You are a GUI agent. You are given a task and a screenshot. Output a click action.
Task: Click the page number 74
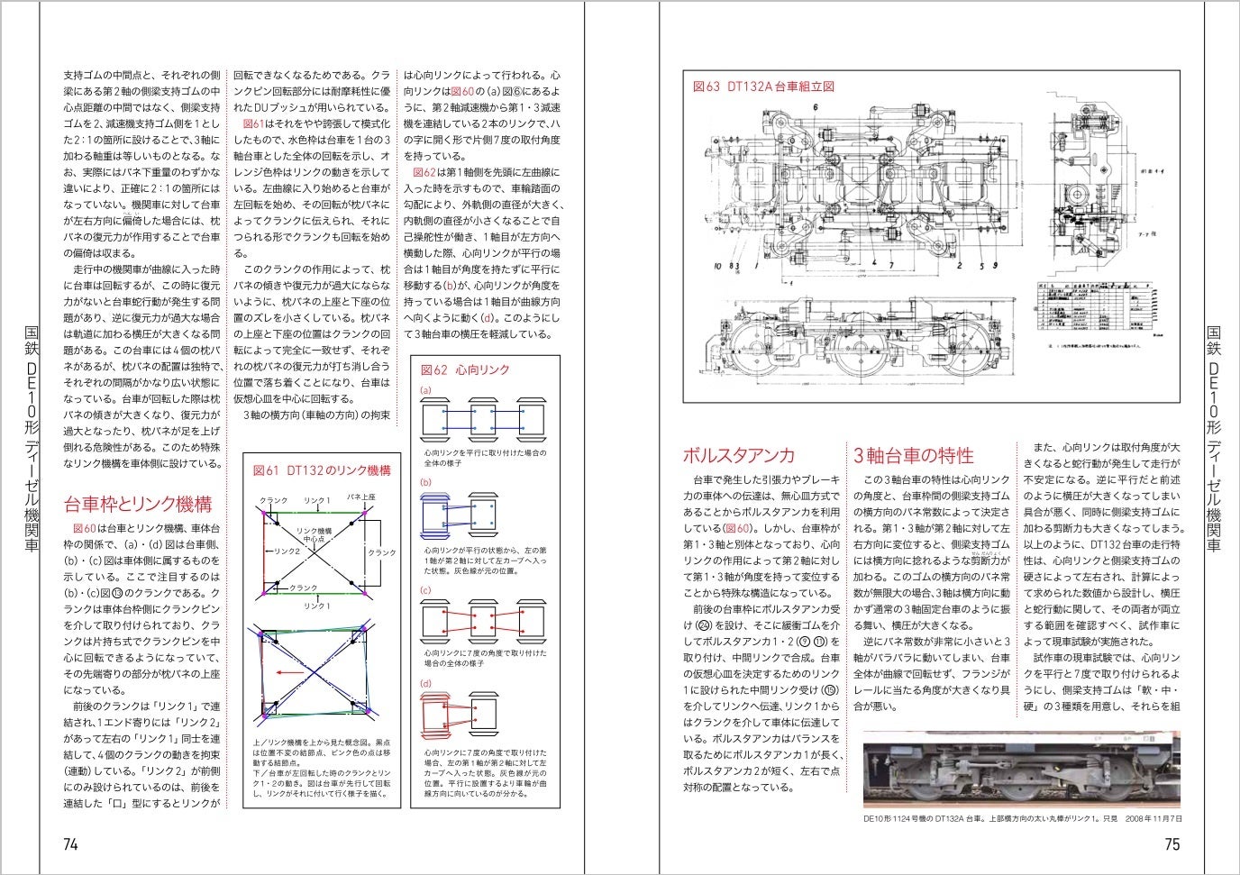[70, 844]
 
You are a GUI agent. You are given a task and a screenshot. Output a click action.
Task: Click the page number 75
[1172, 844]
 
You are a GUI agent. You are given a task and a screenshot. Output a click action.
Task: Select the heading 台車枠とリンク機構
[138, 504]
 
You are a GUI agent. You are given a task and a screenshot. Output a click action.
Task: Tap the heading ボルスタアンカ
[739, 455]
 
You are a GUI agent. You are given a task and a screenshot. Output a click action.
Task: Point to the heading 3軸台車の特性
[914, 455]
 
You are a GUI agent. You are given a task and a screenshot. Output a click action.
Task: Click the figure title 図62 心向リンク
[465, 369]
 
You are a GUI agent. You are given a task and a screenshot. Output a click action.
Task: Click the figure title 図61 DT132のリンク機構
[322, 470]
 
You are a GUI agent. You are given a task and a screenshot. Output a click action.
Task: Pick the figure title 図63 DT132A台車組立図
[763, 87]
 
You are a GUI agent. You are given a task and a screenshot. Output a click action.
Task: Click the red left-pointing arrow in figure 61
[289, 672]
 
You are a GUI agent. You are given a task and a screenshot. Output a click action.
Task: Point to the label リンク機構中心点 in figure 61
[314, 534]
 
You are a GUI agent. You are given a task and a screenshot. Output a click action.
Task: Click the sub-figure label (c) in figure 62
[426, 590]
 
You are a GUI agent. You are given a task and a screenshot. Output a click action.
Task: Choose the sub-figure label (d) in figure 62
[426, 684]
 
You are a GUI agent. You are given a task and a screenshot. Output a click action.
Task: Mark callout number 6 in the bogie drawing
[815, 107]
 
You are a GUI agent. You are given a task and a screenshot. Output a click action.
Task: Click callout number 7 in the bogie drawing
[891, 267]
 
